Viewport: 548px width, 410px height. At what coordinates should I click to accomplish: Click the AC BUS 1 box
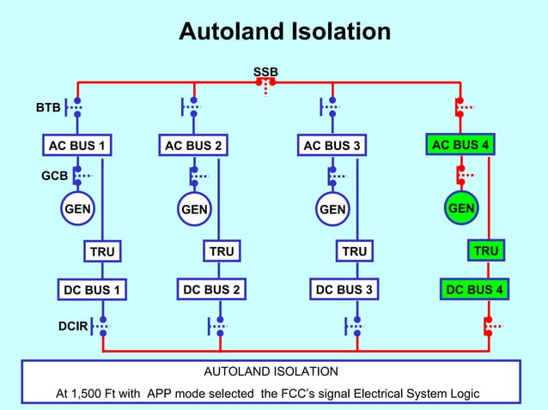click(x=77, y=146)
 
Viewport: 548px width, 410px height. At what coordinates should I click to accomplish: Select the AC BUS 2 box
click(x=194, y=146)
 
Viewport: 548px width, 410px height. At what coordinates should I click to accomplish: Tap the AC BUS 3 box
click(x=332, y=146)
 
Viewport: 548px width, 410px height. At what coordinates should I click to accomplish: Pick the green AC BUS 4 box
click(x=460, y=145)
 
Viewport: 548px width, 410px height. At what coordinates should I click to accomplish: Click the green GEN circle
click(x=461, y=208)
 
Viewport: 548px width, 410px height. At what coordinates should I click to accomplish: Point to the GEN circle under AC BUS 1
click(x=77, y=208)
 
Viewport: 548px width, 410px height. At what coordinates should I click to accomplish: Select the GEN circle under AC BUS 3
click(x=332, y=209)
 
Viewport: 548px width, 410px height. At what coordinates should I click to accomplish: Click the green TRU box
click(x=485, y=250)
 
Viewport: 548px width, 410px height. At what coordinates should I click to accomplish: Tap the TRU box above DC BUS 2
click(x=222, y=251)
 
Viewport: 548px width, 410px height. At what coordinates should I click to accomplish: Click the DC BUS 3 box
click(x=344, y=290)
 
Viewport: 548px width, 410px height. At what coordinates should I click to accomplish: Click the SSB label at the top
click(x=265, y=70)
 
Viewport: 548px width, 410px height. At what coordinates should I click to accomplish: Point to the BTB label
click(x=48, y=109)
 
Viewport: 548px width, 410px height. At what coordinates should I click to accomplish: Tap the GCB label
click(x=55, y=177)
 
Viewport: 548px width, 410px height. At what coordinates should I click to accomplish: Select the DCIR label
click(x=72, y=326)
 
